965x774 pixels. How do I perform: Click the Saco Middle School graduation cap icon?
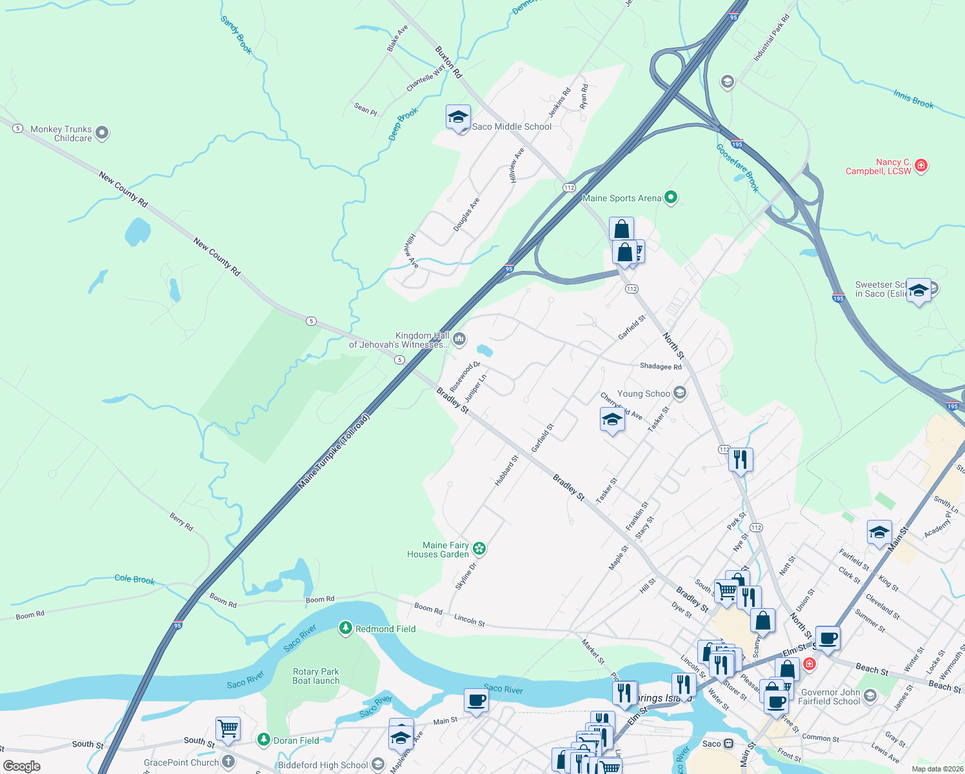point(458,118)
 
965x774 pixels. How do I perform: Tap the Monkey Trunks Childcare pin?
point(102,133)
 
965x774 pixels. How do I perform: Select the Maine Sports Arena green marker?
point(671,197)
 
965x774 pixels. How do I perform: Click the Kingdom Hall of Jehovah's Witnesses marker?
point(459,339)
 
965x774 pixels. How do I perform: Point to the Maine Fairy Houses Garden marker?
point(479,549)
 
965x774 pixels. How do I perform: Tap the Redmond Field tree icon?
point(346,628)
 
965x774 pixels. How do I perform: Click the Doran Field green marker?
point(263,740)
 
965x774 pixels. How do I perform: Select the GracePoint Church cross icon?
point(228,762)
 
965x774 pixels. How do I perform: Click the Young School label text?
point(643,393)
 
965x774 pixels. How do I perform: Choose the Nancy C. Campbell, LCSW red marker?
point(921,165)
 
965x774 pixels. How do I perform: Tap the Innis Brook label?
point(913,99)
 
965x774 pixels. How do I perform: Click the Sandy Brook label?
point(236,35)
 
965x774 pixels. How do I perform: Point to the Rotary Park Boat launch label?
point(315,676)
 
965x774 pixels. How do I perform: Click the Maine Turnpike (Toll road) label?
point(334,451)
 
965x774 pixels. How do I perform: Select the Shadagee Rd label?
point(661,366)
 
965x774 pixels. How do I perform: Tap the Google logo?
point(22,766)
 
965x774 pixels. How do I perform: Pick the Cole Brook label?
point(134,579)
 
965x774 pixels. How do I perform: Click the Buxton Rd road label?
point(448,62)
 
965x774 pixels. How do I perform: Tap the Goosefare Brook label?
point(738,168)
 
